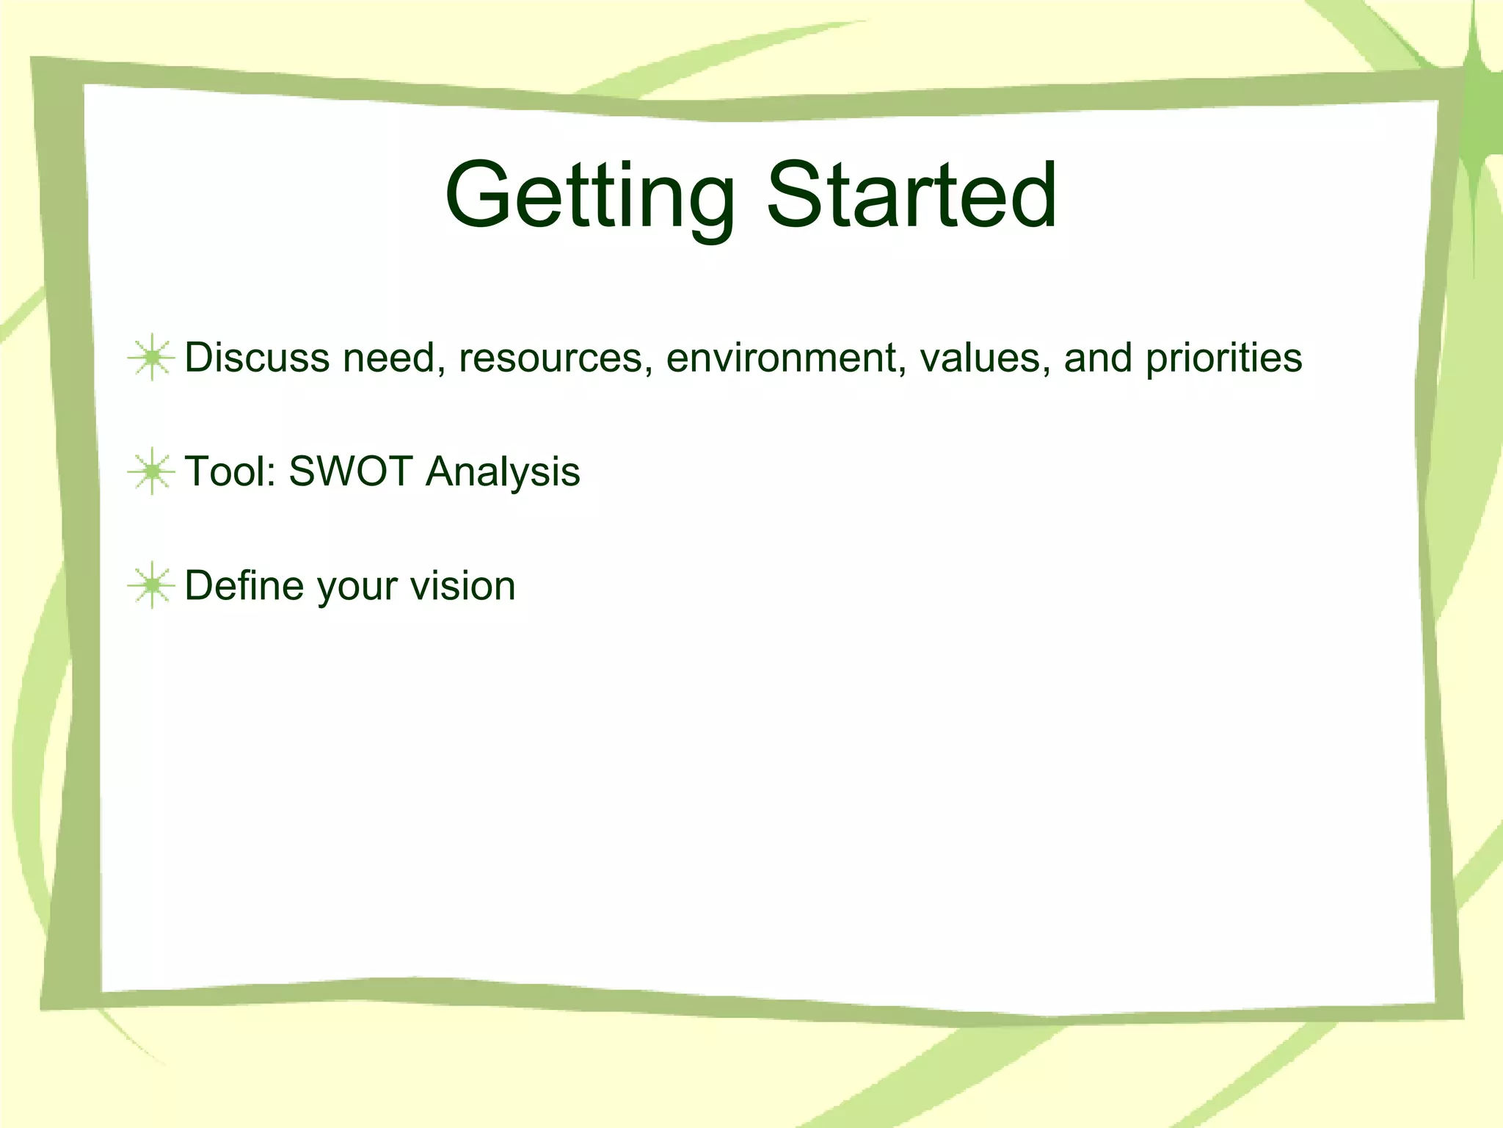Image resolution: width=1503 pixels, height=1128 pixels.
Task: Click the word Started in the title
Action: point(911,195)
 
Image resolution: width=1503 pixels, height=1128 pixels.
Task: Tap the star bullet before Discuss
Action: point(151,358)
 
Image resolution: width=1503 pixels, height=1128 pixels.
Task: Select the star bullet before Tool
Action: point(151,471)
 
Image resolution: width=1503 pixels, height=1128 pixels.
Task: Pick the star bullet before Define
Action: point(151,585)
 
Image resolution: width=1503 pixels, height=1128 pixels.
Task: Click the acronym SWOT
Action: point(350,471)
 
